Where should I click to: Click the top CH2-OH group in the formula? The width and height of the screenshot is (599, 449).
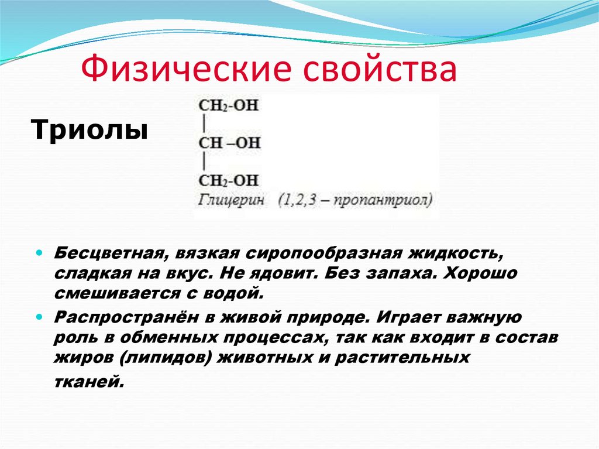point(229,106)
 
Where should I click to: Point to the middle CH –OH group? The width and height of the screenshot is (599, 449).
point(229,143)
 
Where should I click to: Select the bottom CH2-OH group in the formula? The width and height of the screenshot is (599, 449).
point(229,180)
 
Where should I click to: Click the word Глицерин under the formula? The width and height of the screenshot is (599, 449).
point(231,200)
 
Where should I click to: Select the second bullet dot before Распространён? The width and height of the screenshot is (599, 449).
point(39,317)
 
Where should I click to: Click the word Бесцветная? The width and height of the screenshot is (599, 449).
point(108,255)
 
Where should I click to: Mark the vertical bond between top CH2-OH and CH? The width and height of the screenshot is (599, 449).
point(203,125)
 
